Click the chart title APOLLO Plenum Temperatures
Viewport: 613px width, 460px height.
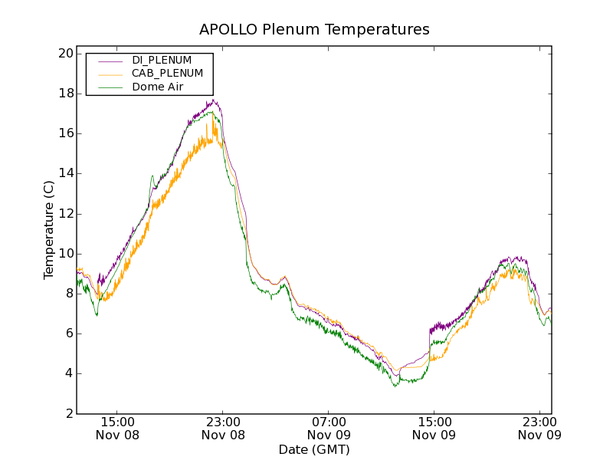tap(314, 30)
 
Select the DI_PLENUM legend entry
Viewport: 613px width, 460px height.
tap(162, 60)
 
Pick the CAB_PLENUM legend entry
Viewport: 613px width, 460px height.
tap(167, 74)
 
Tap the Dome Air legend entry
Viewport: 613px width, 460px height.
tap(157, 87)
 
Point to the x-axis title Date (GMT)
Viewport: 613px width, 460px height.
tap(314, 449)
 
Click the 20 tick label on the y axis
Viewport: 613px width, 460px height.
tap(64, 54)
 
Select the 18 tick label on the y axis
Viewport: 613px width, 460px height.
tap(64, 94)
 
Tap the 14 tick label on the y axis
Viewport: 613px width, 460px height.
tap(64, 173)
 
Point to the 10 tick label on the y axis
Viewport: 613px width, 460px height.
tap(64, 254)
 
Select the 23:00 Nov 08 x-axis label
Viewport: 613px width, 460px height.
tap(223, 428)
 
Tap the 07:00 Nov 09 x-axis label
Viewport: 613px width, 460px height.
tap(329, 428)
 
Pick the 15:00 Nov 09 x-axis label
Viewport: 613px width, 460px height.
tap(434, 428)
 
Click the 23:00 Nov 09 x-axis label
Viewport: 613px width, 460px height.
tap(539, 428)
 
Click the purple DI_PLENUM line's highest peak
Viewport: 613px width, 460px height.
tap(215, 100)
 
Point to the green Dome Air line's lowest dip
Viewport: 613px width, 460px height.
tap(395, 386)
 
